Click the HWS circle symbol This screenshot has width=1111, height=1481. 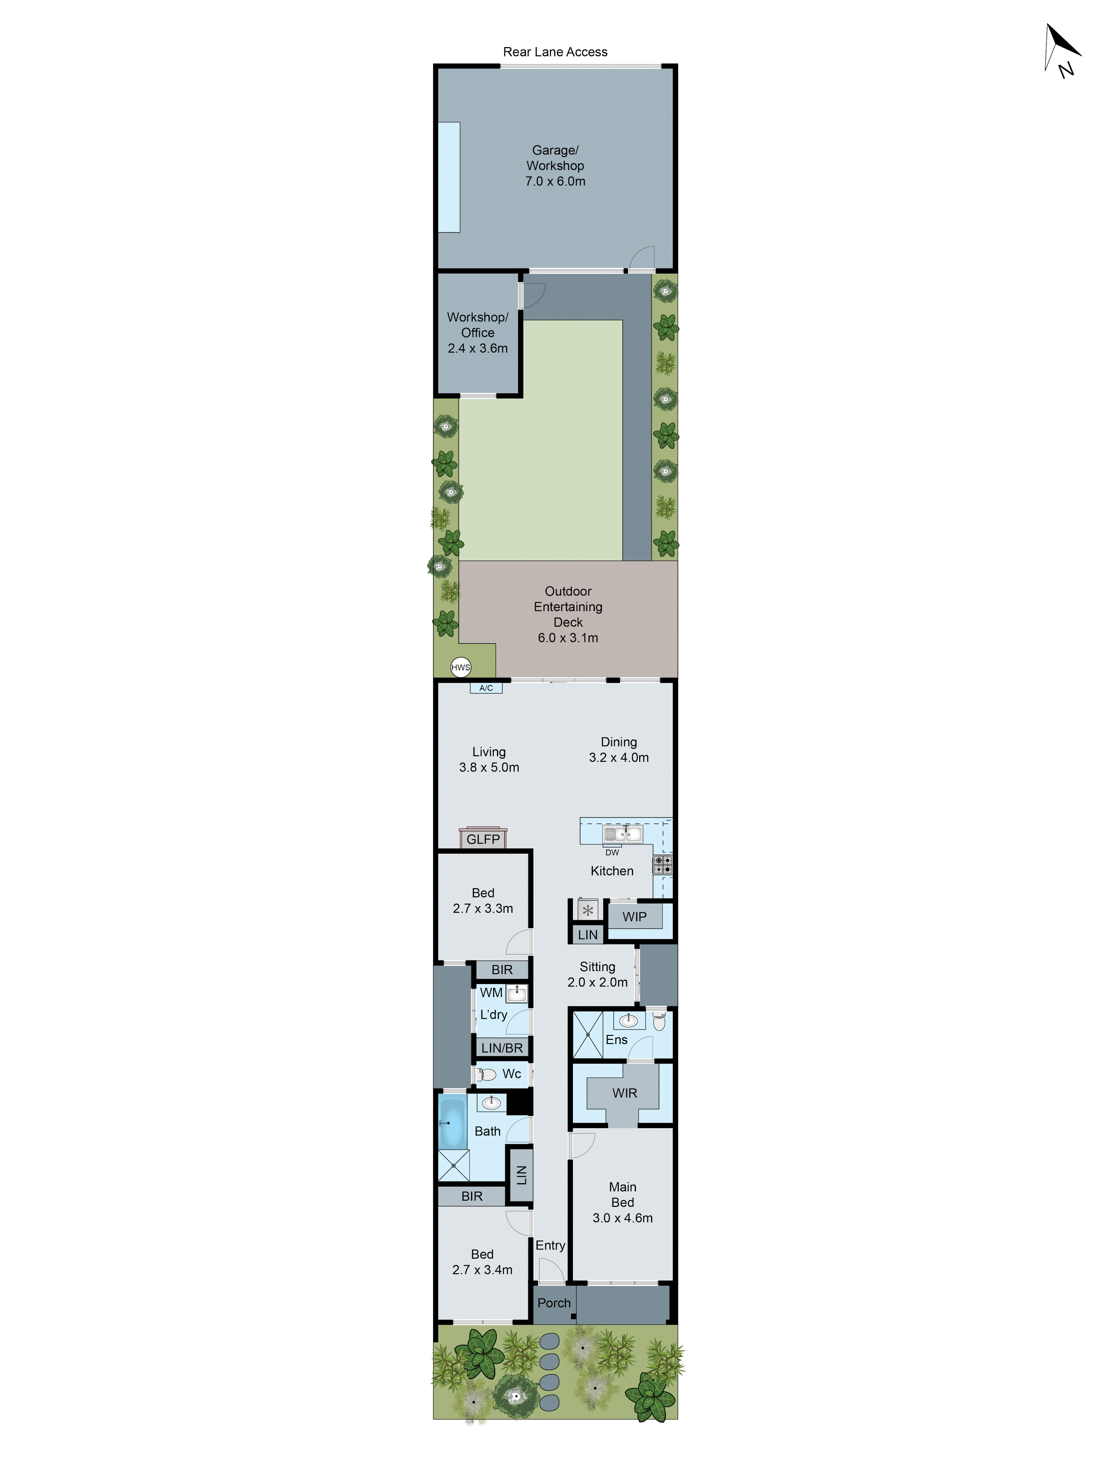point(461,667)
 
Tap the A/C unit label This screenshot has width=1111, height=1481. point(486,688)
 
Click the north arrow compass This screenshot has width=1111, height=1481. point(1061,50)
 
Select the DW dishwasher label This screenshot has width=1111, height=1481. point(612,852)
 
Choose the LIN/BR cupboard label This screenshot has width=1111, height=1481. point(501,1048)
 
